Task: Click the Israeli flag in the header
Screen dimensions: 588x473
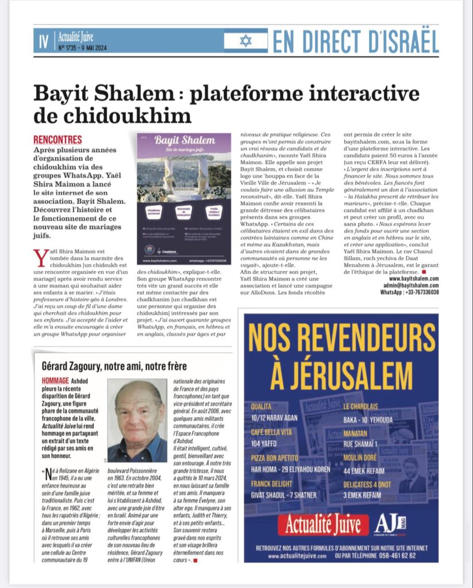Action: tap(246, 41)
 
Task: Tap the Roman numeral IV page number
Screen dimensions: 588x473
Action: tap(43, 41)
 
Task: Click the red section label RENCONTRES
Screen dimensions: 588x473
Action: tap(57, 140)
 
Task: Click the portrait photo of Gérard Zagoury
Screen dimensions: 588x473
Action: tap(137, 420)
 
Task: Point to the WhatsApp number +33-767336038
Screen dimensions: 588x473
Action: tap(410, 292)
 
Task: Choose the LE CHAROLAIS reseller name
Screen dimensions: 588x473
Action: tap(366, 407)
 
